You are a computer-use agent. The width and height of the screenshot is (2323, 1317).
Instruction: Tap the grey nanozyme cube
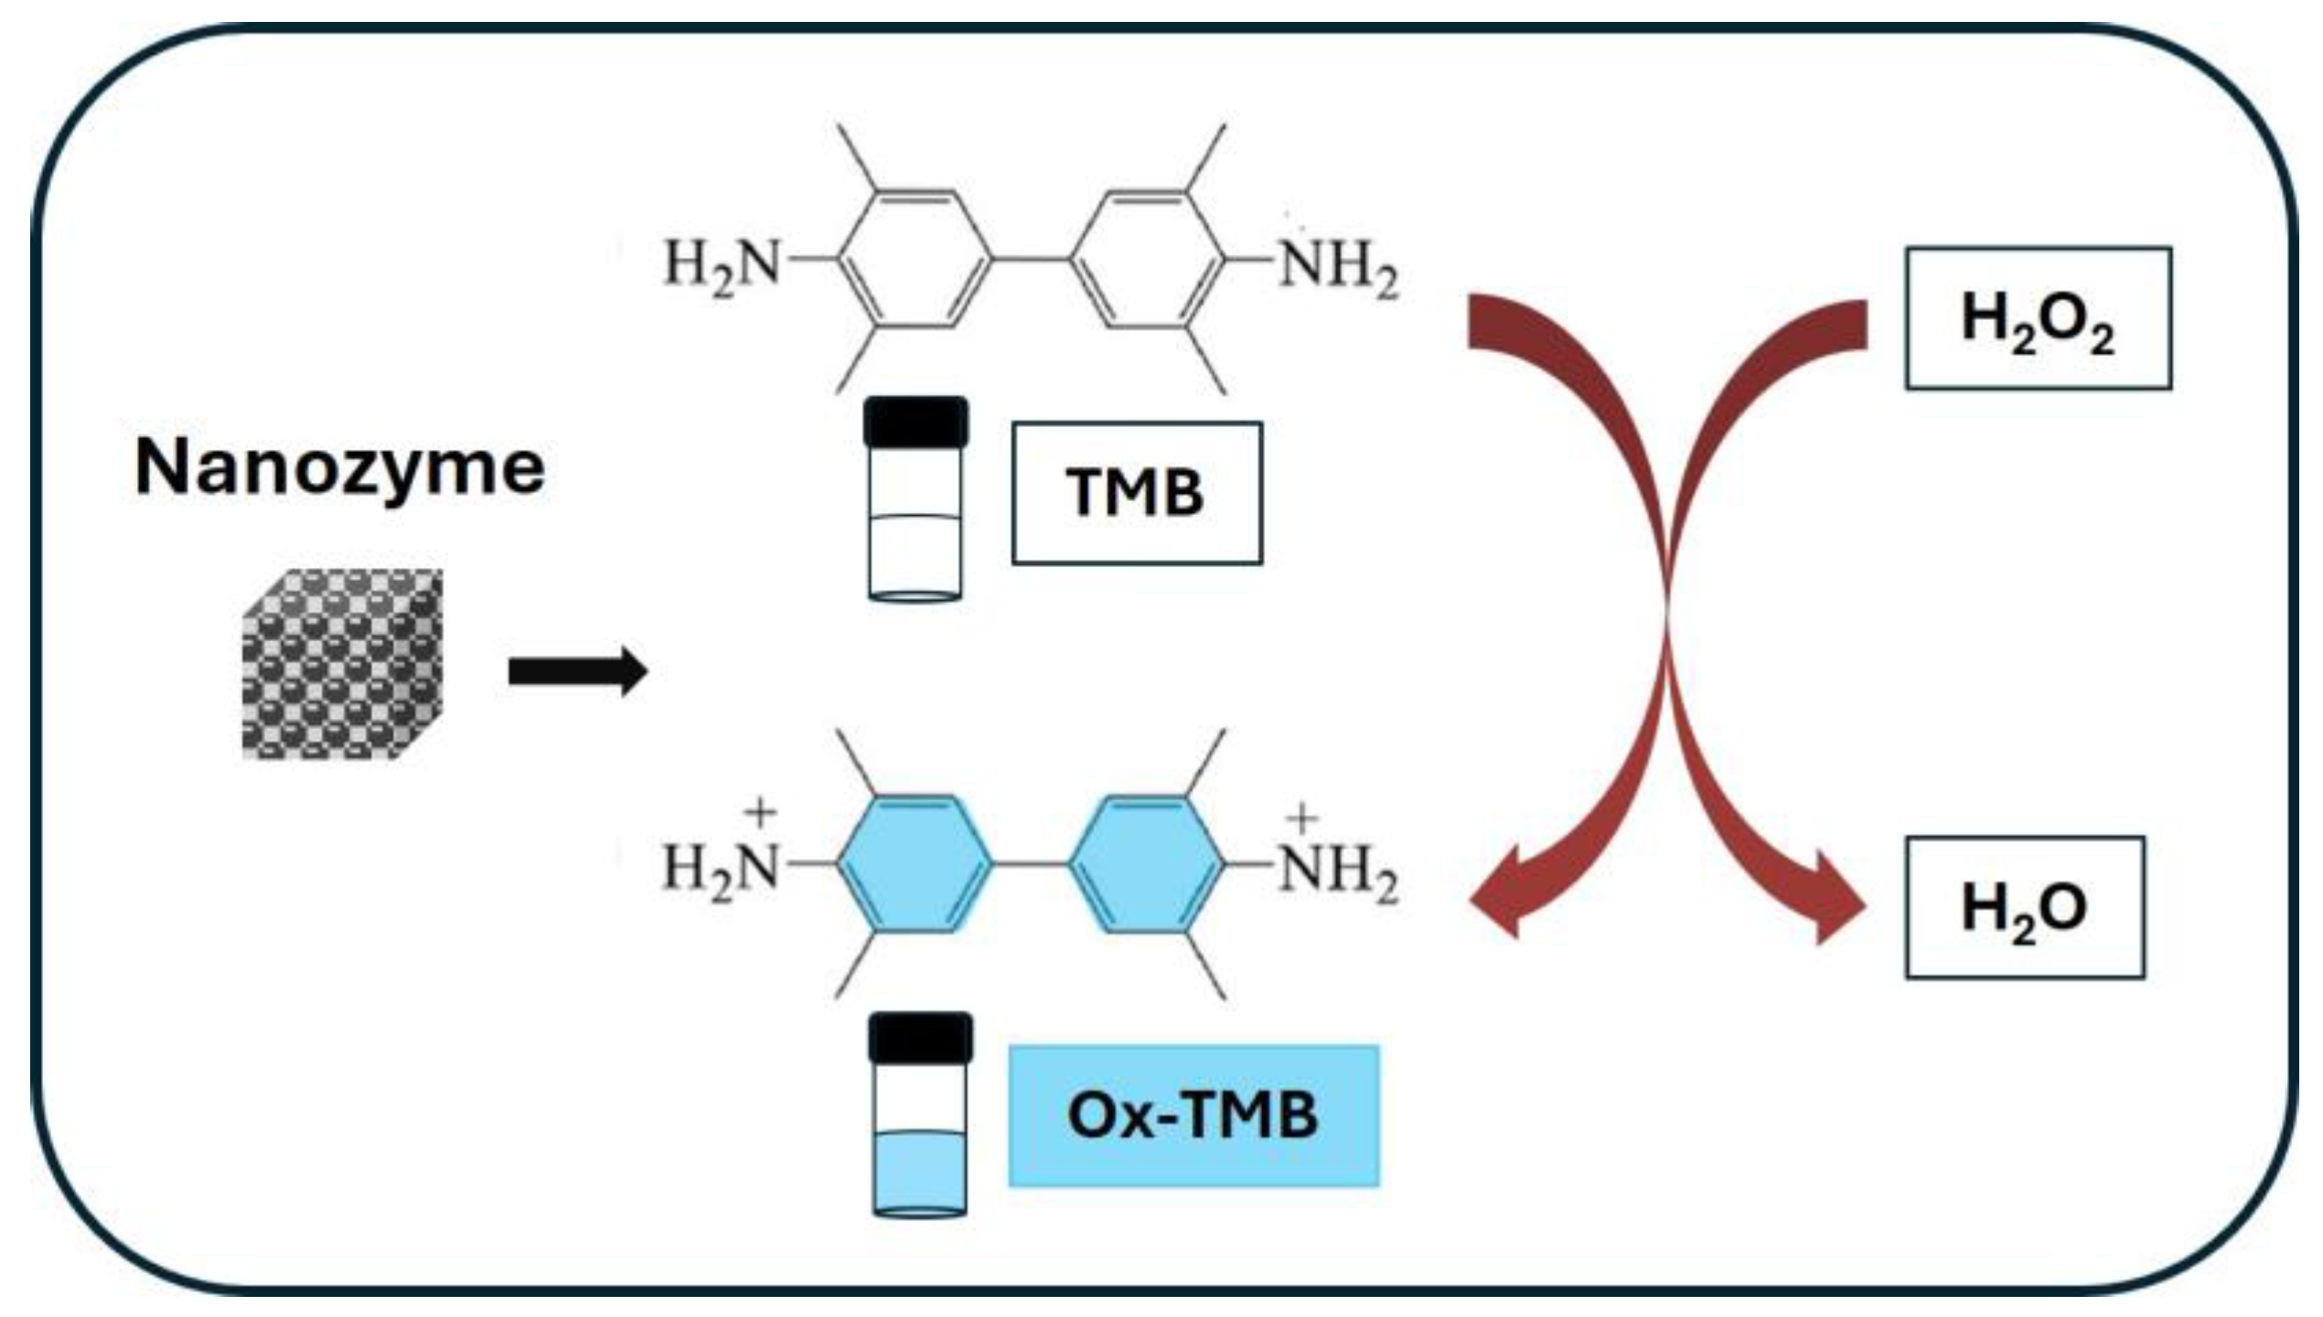click(342, 665)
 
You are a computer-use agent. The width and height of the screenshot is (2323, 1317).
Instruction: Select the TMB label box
click(1136, 493)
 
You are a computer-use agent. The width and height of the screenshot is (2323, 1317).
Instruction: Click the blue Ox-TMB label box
click(1193, 1116)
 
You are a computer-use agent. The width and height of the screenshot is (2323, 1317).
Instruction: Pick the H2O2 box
click(2038, 318)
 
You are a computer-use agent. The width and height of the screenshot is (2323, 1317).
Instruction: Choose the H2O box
click(2024, 908)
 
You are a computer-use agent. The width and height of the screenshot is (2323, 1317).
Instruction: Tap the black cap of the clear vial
click(915, 423)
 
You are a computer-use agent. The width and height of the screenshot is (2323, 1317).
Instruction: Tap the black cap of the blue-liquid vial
click(920, 1038)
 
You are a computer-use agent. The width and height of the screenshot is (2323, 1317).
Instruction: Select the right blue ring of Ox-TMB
click(1146, 864)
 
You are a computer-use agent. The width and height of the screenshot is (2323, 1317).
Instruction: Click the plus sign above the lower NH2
click(1301, 817)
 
